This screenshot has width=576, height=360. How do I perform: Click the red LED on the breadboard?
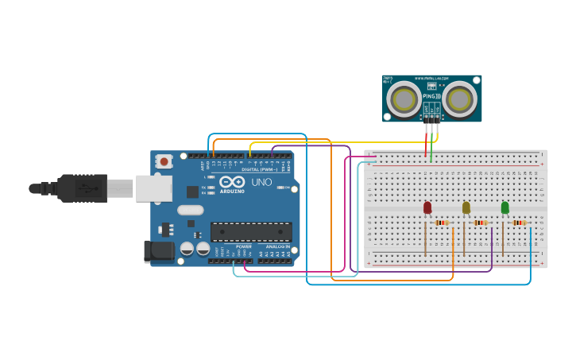[x=427, y=207]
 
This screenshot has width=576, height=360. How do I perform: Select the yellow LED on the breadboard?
[x=466, y=207]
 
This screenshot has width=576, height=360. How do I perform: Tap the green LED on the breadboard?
[x=504, y=207]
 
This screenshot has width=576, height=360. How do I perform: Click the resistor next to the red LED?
[x=442, y=223]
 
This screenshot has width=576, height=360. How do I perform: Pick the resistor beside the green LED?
[x=519, y=223]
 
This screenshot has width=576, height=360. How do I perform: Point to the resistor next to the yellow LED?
[x=481, y=223]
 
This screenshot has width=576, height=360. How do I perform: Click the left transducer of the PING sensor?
[x=404, y=99]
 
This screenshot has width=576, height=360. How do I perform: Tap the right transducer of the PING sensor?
[x=458, y=99]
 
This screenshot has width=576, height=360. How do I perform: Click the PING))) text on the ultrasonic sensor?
[x=431, y=95]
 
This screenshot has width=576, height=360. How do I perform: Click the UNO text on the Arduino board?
[x=262, y=182]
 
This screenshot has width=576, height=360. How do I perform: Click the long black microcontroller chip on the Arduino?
[x=251, y=232]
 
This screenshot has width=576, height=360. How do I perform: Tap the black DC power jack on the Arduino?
[x=158, y=251]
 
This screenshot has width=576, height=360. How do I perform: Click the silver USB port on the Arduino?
[x=153, y=188]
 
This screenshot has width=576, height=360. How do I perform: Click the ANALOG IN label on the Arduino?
[x=277, y=246]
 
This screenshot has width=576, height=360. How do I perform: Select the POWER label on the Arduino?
[x=243, y=246]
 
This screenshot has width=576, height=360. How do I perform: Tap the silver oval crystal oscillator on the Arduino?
[x=191, y=210]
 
